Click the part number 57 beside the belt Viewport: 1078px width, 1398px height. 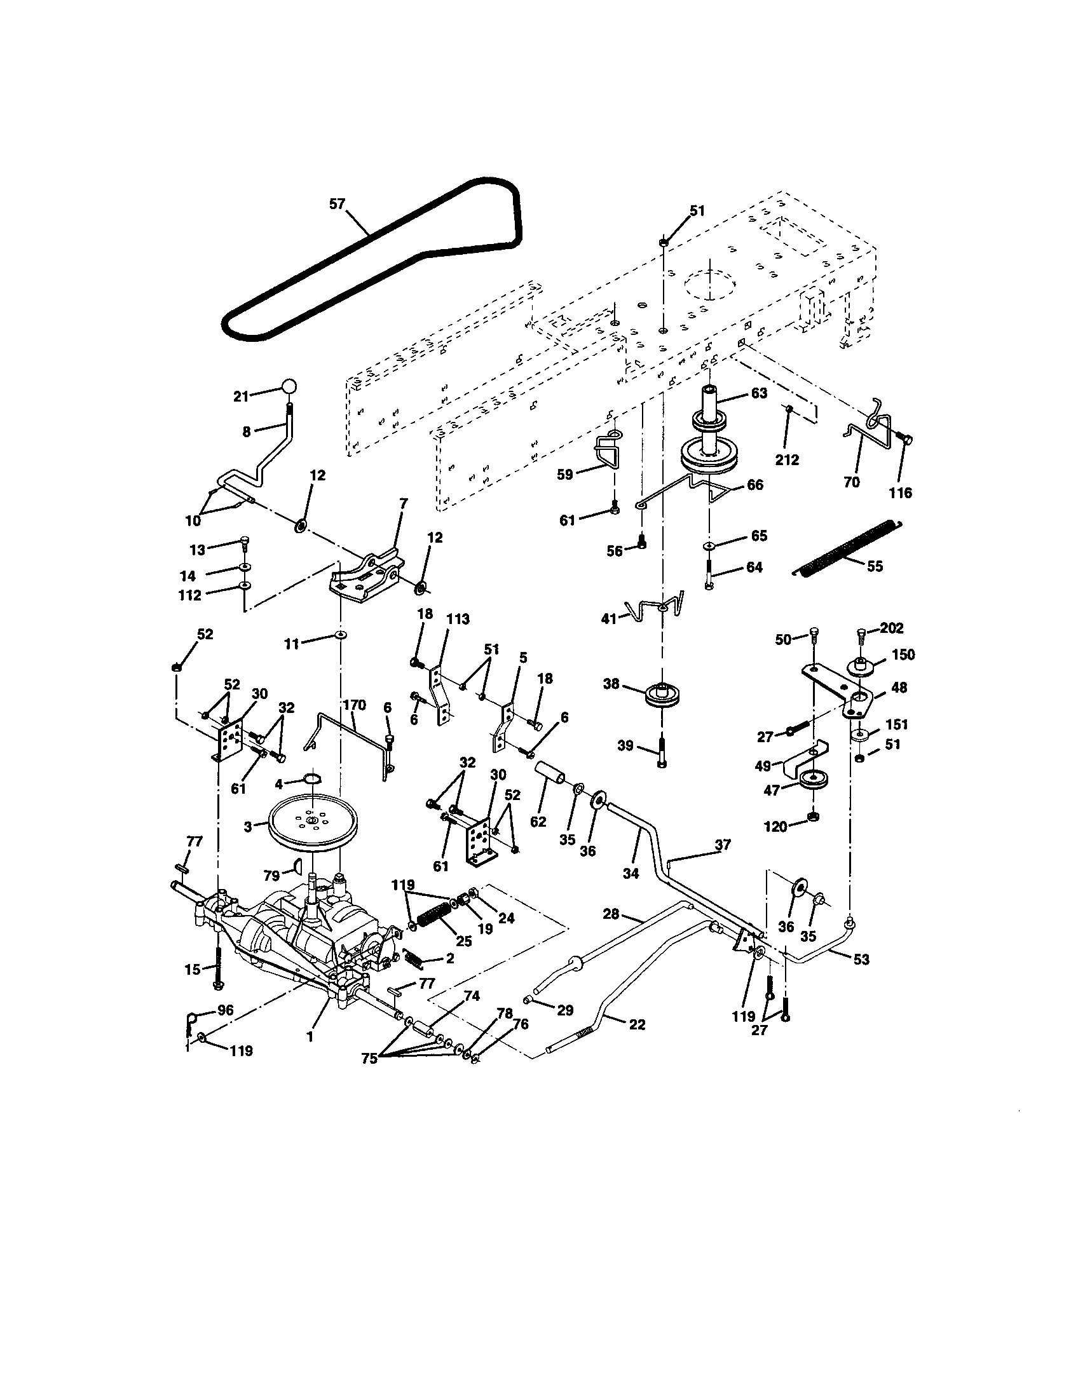[x=337, y=203]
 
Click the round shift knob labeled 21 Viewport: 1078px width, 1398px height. [x=289, y=386]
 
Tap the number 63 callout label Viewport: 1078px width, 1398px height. [x=758, y=392]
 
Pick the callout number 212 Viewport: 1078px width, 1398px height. [x=787, y=459]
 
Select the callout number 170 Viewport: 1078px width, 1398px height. [x=354, y=705]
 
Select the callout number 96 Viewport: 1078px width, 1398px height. [x=226, y=1010]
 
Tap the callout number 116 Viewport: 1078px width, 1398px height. [x=901, y=492]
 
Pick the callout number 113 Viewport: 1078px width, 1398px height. [x=458, y=619]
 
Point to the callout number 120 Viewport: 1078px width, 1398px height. [x=776, y=826]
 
